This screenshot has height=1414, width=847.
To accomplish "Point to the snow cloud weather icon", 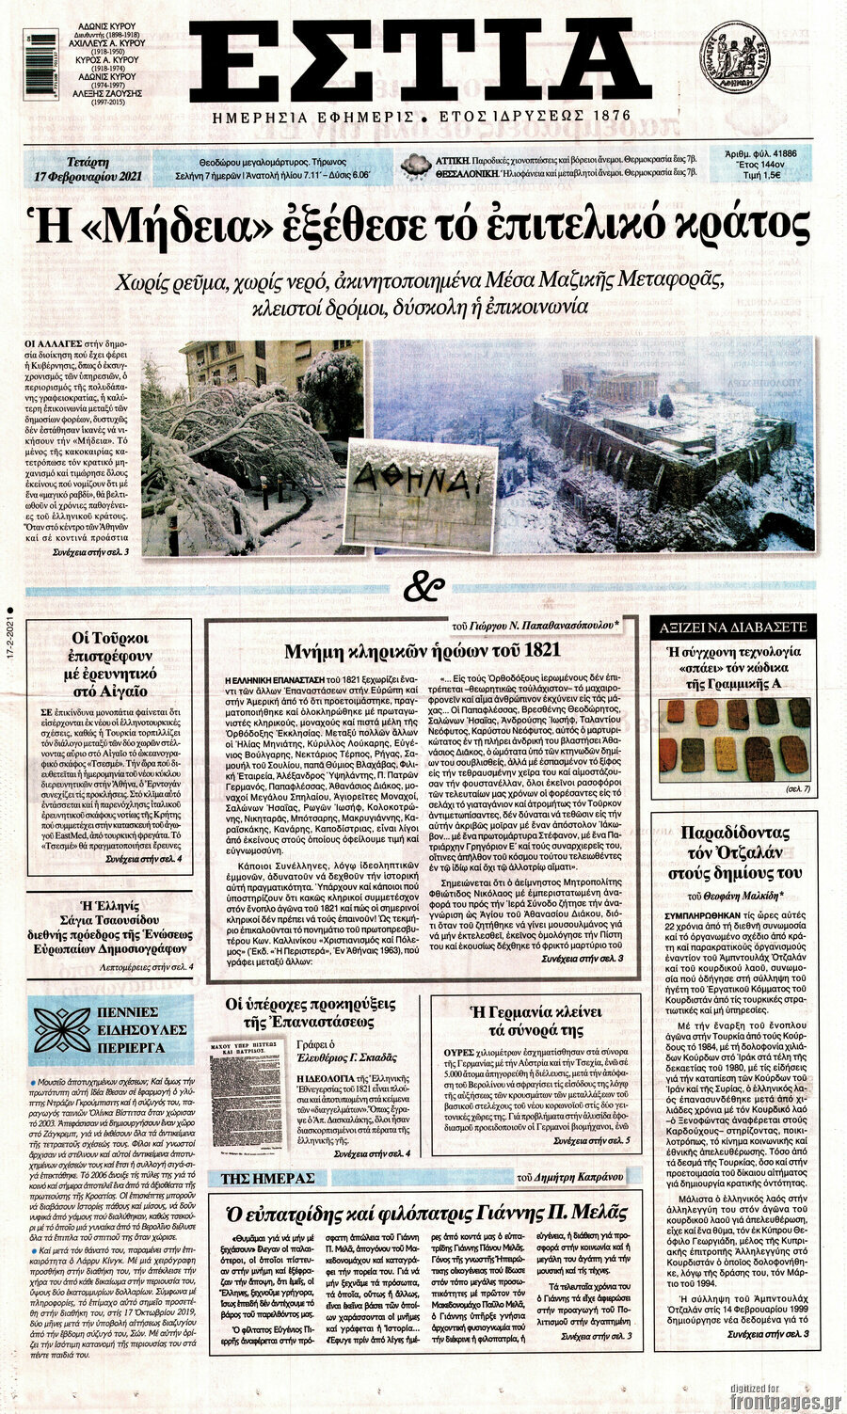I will (415, 167).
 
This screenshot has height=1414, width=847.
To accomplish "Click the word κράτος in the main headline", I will (743, 227).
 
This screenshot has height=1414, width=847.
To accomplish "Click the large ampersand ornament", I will (423, 587).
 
